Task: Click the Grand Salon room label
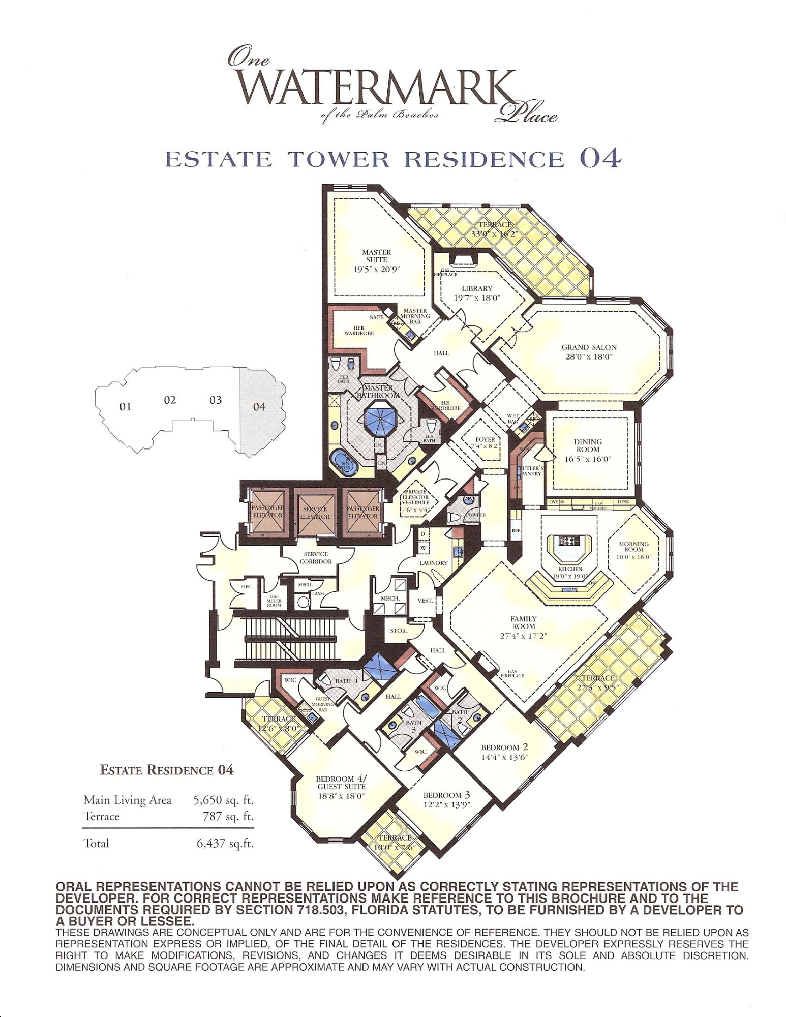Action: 589,348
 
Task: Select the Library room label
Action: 477,289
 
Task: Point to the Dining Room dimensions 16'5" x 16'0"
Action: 588,459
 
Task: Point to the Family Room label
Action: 523,623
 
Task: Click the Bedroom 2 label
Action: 504,747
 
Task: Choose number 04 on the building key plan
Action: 259,407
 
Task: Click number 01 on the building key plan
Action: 125,407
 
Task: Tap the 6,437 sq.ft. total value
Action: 225,843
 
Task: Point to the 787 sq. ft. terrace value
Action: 228,817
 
